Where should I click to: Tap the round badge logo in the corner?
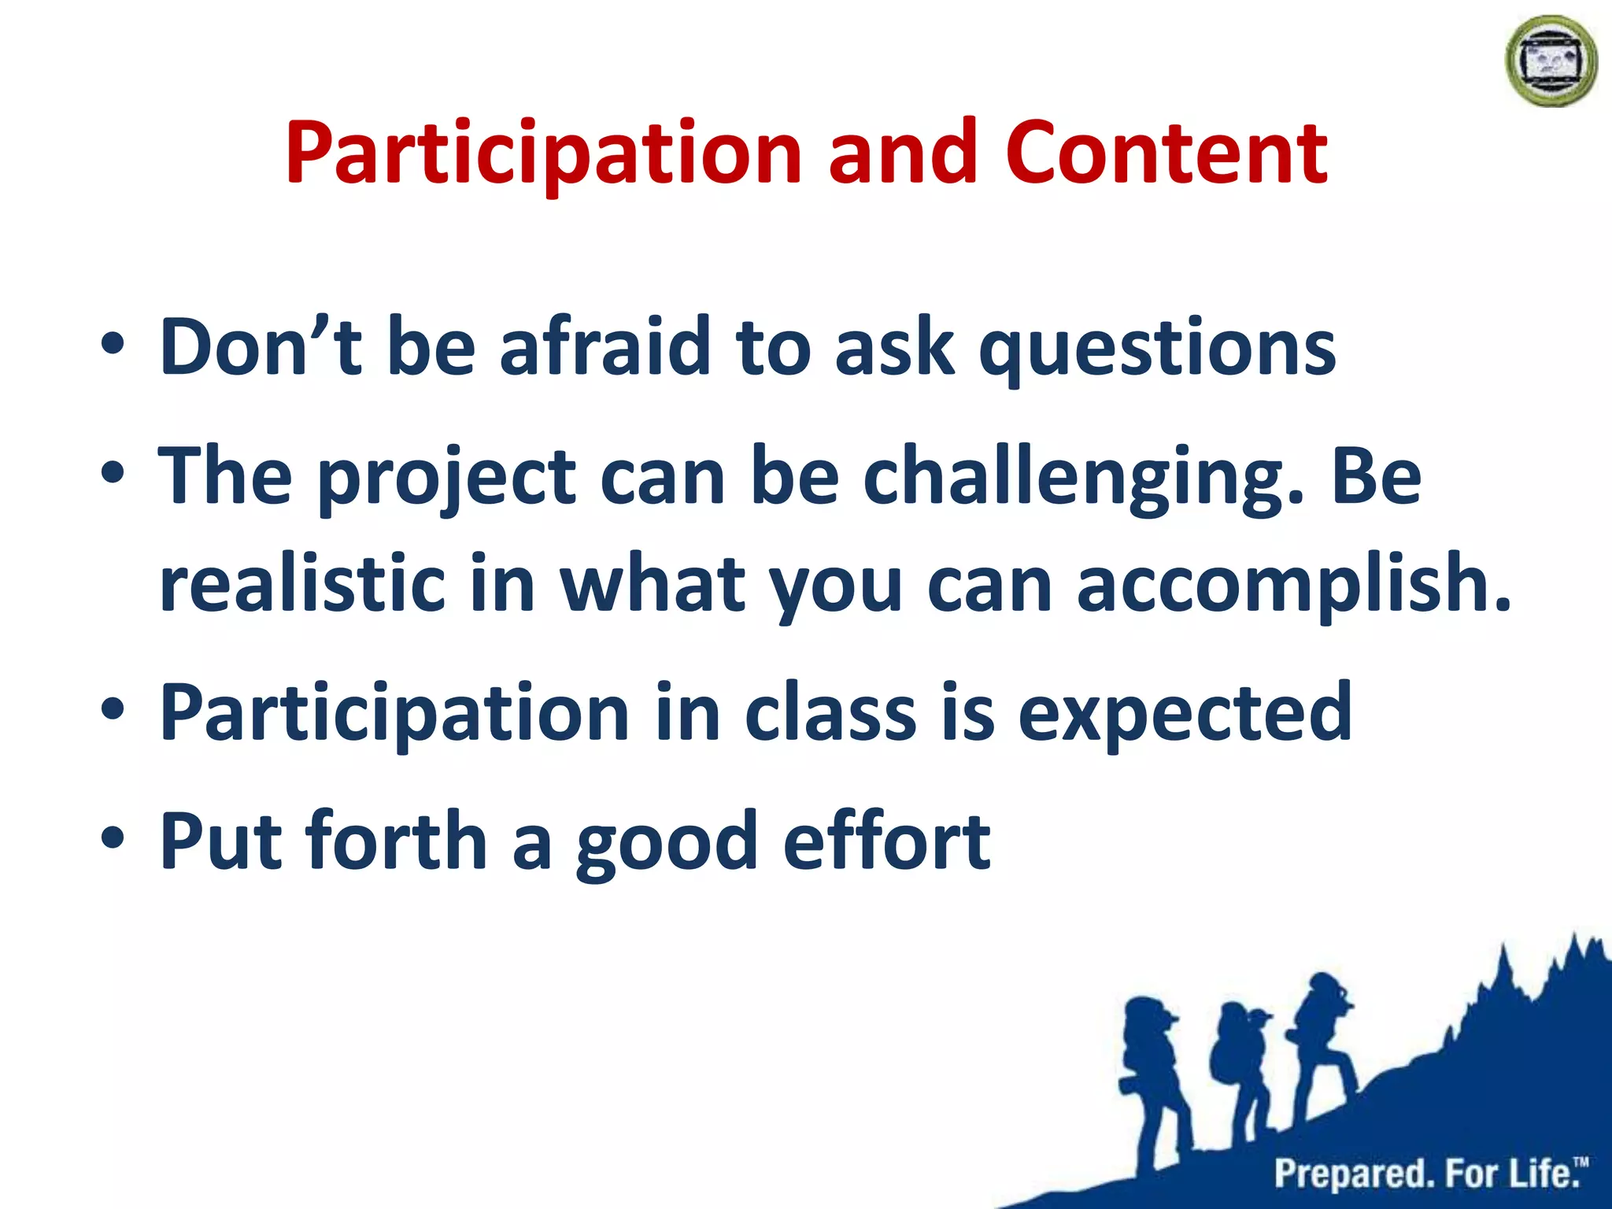1551,61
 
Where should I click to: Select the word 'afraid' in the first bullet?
604,346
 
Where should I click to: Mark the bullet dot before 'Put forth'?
112,839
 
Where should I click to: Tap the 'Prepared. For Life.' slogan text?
1429,1174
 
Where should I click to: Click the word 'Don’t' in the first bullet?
260,346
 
